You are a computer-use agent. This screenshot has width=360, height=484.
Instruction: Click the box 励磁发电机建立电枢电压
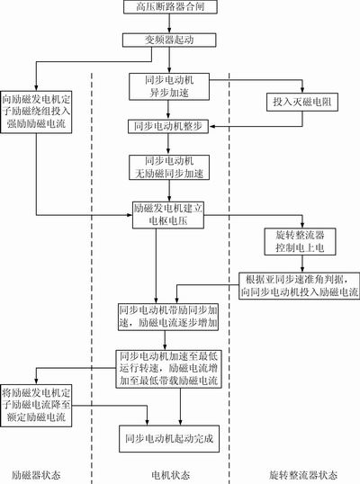coord(170,213)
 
